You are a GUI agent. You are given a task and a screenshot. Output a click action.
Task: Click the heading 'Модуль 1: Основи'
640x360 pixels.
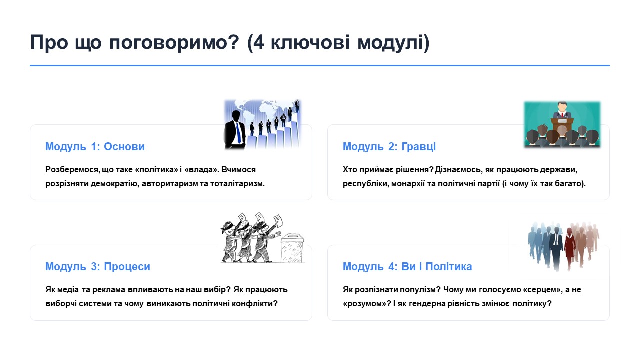[x=95, y=147]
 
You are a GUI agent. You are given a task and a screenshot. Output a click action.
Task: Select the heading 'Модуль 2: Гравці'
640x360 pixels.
[x=389, y=147]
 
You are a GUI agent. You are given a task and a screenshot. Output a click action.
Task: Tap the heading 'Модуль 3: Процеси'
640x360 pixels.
[x=98, y=267]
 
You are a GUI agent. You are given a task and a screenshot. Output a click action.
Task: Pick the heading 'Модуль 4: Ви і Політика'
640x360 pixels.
[x=407, y=267]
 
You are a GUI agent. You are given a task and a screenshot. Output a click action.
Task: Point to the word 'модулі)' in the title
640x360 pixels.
[x=393, y=43]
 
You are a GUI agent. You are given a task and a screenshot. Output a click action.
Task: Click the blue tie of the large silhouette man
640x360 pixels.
[x=238, y=133]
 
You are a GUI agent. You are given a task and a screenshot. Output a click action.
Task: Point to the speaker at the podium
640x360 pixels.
[x=562, y=110]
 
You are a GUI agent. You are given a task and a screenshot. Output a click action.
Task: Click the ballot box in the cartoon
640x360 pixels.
[x=292, y=248]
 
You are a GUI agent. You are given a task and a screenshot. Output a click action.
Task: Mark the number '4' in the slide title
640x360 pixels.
[x=258, y=43]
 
